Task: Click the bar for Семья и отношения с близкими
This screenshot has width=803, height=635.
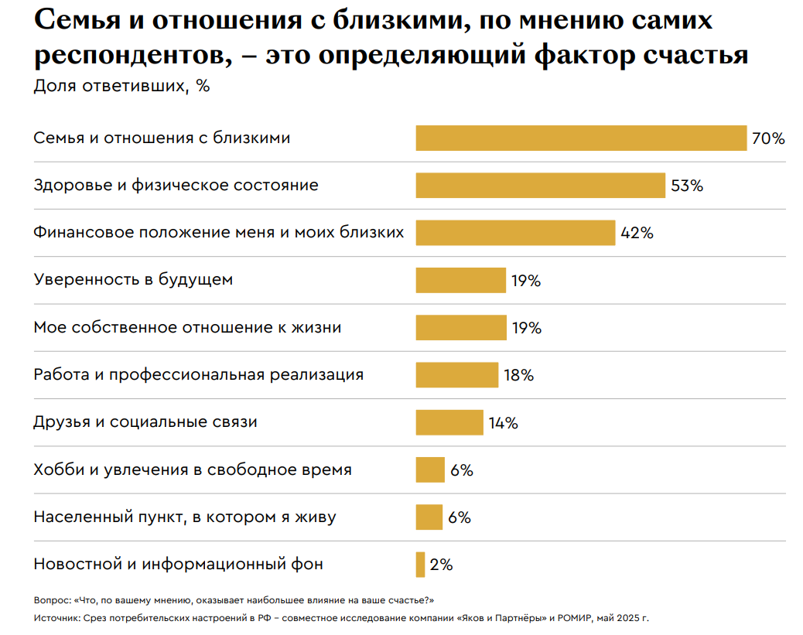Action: tap(581, 138)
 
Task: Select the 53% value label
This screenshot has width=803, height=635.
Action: tap(687, 186)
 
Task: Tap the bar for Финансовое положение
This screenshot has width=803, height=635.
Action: tap(515, 233)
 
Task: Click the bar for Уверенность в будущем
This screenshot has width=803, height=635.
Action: tap(460, 280)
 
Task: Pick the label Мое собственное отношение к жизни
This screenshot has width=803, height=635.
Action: tap(187, 327)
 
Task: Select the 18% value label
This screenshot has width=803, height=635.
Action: tap(518, 375)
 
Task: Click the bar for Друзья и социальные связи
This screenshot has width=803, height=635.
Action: tap(449, 422)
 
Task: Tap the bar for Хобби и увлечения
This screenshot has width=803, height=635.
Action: tap(430, 469)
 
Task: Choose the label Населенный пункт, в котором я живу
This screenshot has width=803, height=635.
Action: tap(185, 517)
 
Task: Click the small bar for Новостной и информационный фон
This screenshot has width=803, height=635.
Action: tap(420, 564)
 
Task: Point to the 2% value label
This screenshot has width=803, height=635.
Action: tap(441, 565)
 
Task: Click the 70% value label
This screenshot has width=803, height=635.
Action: tap(768, 139)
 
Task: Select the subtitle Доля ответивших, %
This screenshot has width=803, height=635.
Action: tap(121, 86)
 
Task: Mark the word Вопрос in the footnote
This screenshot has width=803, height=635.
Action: tap(52, 600)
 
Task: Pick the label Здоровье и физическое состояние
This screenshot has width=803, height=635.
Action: tap(176, 186)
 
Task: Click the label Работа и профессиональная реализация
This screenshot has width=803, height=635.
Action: tap(198, 375)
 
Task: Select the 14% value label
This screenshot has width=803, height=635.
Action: tap(503, 423)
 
